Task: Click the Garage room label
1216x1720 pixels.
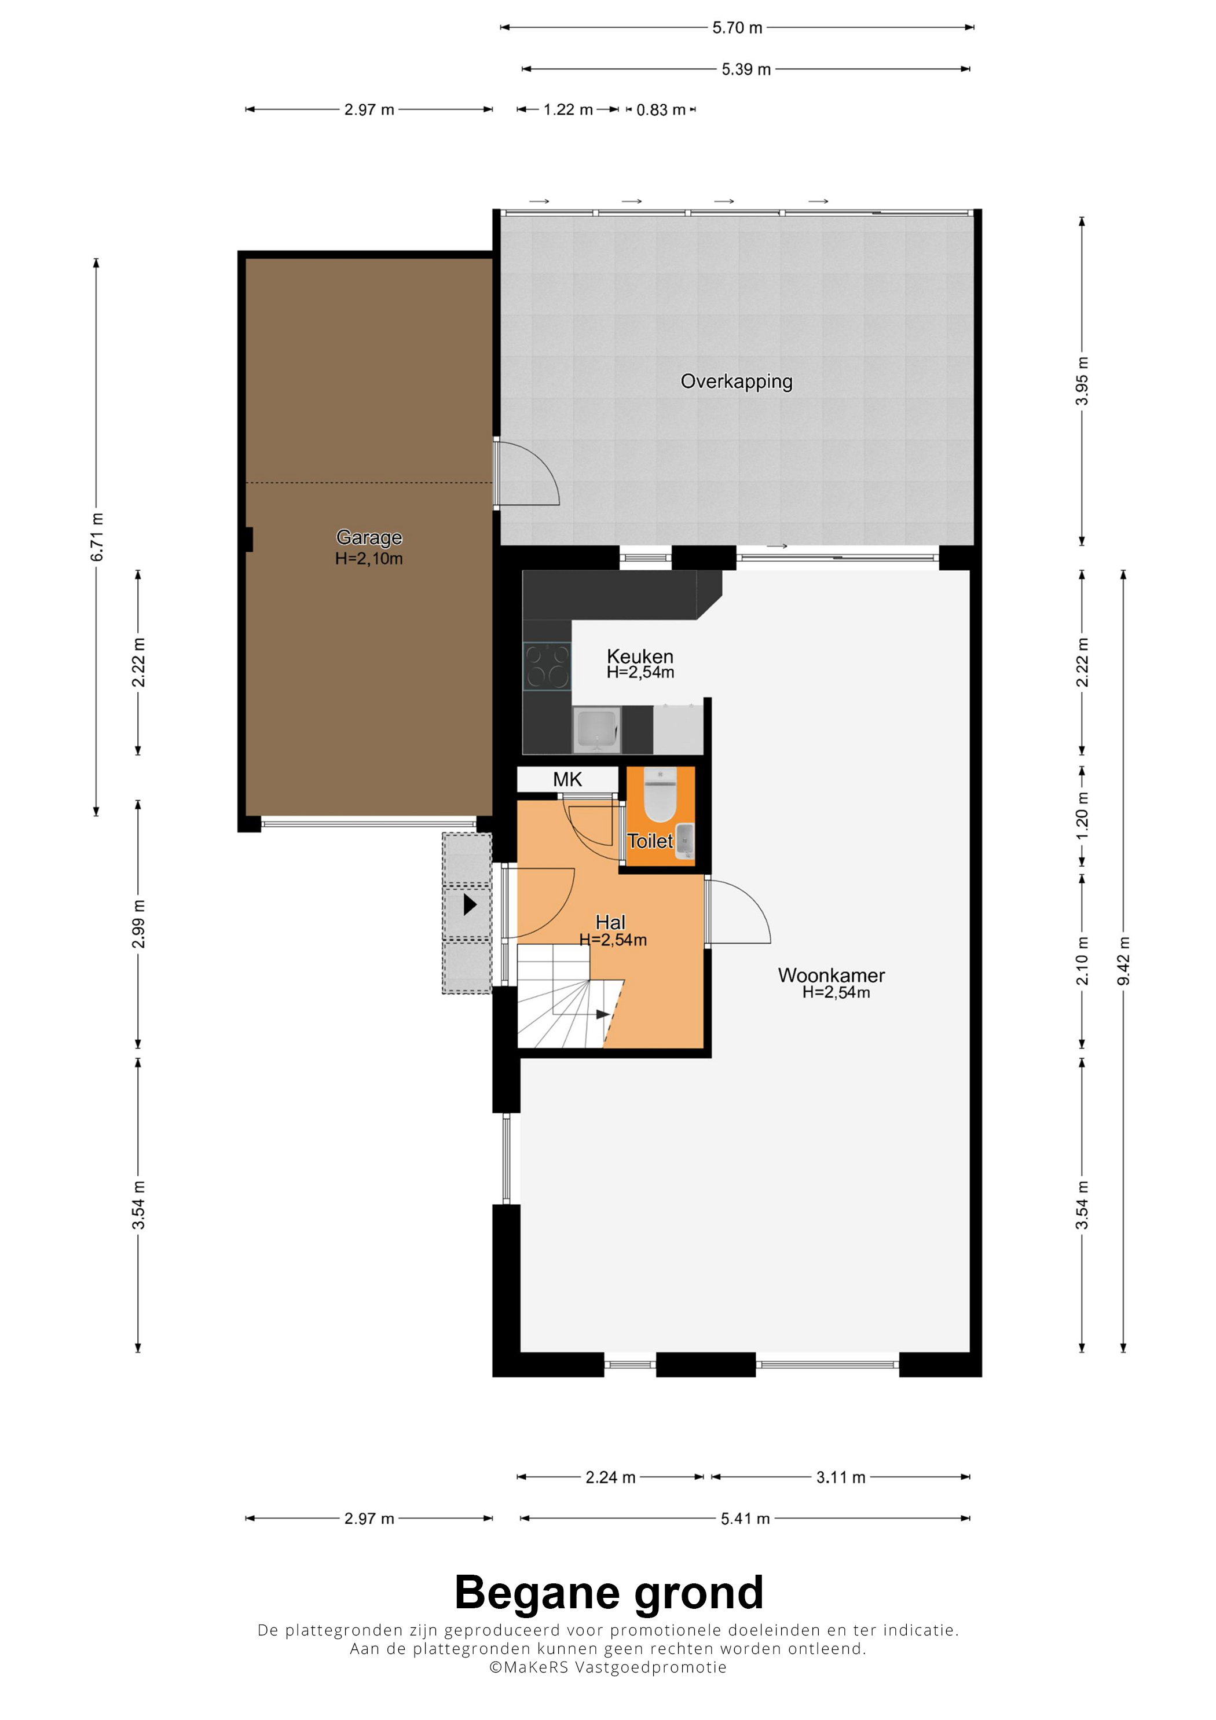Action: [x=369, y=537]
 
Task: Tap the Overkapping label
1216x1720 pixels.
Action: [x=736, y=382]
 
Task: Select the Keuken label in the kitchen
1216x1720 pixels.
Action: [x=640, y=657]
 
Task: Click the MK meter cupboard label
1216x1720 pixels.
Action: [x=567, y=779]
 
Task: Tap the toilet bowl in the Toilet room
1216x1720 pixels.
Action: [x=660, y=795]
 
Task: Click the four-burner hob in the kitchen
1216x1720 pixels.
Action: [x=547, y=666]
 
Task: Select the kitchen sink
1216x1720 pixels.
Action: [x=596, y=729]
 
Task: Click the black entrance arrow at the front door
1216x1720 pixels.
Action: [x=470, y=904]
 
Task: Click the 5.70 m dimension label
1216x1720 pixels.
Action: [x=737, y=28]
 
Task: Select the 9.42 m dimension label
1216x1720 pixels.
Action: [x=1123, y=961]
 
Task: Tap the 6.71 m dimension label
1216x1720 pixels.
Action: [x=97, y=537]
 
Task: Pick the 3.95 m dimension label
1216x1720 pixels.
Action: [x=1082, y=382]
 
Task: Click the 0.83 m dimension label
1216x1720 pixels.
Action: [x=661, y=110]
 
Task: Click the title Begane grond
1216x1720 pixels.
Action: [x=609, y=1592]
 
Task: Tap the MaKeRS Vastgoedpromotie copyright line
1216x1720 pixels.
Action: [x=607, y=1667]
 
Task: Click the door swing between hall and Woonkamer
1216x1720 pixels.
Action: [x=738, y=910]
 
